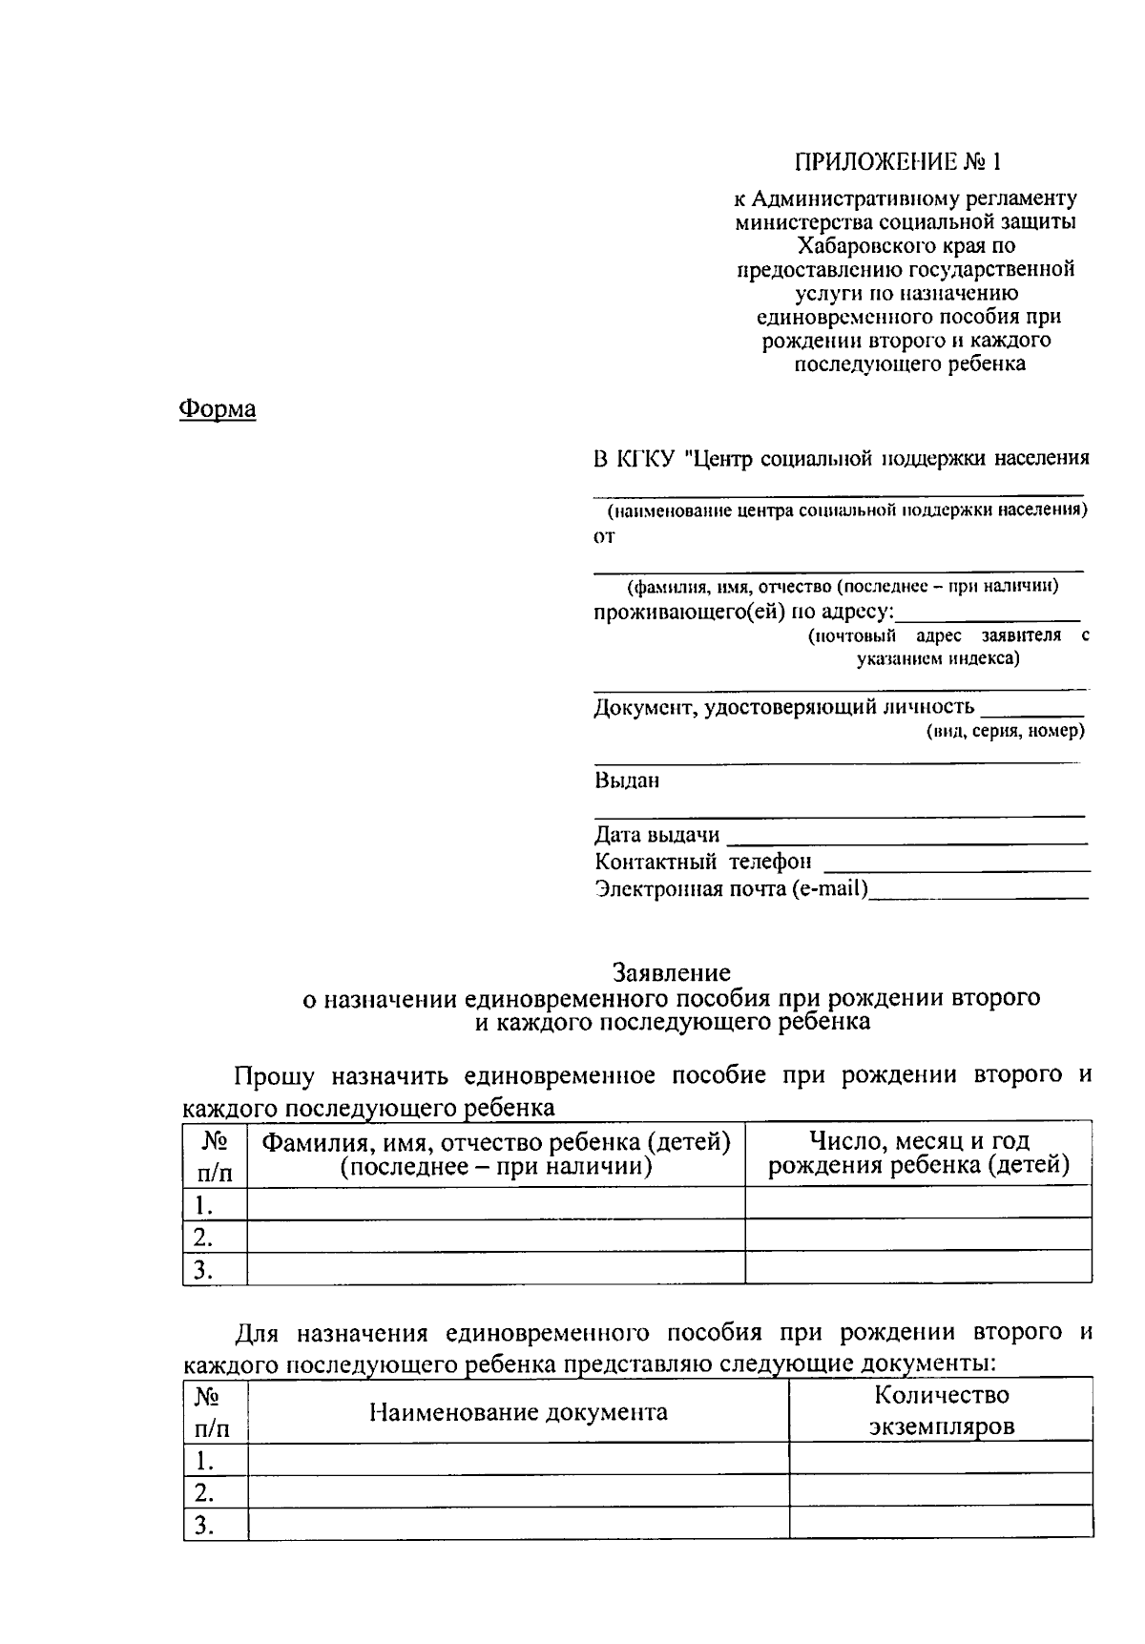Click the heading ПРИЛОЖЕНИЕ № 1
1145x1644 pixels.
(x=900, y=160)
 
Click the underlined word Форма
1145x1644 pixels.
(x=218, y=409)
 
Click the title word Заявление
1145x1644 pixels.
(x=672, y=972)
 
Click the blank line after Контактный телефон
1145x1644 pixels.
(x=956, y=864)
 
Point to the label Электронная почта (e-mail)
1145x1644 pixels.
(x=731, y=889)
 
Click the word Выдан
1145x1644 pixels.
(x=627, y=780)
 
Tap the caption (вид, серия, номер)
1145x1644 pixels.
(x=1005, y=731)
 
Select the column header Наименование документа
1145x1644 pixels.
(x=518, y=1411)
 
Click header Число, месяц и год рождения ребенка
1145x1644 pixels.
(x=918, y=1153)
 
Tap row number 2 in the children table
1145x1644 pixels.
(x=202, y=1238)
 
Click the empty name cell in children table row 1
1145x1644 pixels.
(x=495, y=1204)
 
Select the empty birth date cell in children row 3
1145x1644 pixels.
(x=918, y=1268)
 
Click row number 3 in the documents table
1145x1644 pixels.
(x=203, y=1525)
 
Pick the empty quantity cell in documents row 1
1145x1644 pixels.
(x=940, y=1459)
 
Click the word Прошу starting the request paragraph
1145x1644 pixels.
(x=275, y=1076)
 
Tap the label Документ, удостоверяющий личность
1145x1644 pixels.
(x=783, y=707)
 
